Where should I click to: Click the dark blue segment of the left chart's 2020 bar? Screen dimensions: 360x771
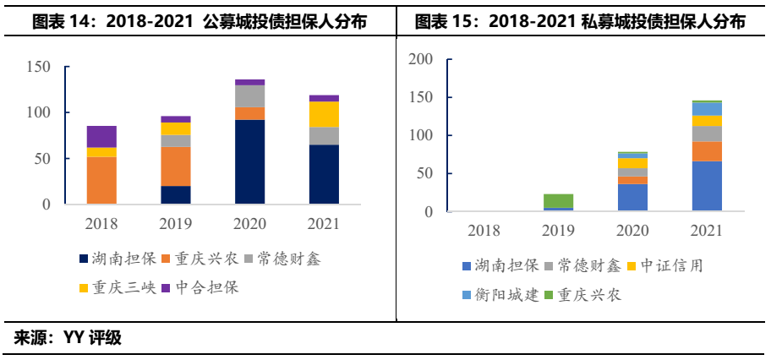pos(249,161)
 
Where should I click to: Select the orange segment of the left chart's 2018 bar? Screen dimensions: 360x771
pos(101,180)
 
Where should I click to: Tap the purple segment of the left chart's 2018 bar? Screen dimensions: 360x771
pos(101,136)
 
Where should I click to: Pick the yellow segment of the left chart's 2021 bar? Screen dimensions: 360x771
pos(324,114)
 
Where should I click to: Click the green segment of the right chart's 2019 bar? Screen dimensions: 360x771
pos(557,200)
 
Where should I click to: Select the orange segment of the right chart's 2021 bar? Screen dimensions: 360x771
pos(707,151)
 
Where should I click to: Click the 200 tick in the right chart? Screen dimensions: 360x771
pos(420,59)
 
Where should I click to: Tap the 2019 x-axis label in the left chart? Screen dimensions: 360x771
pos(176,224)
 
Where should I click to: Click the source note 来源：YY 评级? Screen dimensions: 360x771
pos(68,339)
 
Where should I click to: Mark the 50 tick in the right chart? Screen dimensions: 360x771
pos(425,174)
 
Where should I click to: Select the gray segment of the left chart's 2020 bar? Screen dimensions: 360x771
pos(249,96)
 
